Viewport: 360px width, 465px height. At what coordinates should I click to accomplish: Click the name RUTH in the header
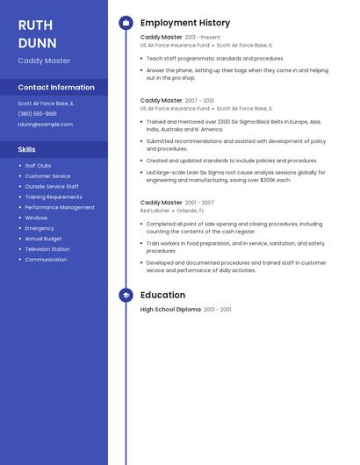(x=35, y=25)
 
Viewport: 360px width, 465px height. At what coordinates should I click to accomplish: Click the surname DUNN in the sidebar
(x=37, y=43)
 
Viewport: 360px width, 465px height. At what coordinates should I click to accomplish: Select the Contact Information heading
(x=56, y=87)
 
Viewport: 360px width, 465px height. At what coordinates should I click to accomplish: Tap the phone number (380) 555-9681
(x=37, y=114)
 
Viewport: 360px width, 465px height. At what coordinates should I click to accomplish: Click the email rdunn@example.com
(x=45, y=125)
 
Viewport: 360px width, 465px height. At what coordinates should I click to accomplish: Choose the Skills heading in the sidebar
(x=26, y=149)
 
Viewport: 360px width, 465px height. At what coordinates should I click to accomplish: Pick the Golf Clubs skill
(x=38, y=166)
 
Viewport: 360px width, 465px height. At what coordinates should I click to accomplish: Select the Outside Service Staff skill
(x=52, y=187)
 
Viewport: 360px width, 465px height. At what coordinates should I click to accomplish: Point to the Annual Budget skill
(x=43, y=239)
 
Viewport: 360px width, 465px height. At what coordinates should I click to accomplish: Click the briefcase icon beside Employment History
(x=126, y=23)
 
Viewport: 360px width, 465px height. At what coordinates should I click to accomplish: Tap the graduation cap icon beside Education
(x=126, y=296)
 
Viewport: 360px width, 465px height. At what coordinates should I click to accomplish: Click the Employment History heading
(x=185, y=23)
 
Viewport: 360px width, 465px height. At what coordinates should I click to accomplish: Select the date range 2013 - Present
(x=203, y=38)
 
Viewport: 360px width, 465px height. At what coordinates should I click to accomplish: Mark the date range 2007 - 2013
(x=199, y=101)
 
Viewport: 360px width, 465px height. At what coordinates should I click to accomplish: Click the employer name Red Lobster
(x=155, y=211)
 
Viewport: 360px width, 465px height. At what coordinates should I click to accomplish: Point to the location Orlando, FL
(x=190, y=211)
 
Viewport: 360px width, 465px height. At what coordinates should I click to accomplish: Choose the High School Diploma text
(x=170, y=310)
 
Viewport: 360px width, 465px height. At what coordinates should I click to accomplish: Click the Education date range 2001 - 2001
(x=218, y=310)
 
